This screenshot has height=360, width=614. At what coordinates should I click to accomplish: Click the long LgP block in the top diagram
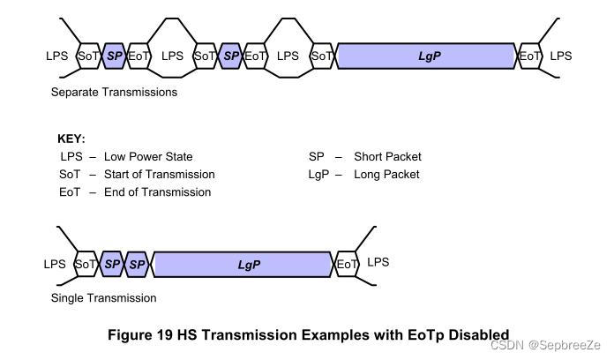click(427, 56)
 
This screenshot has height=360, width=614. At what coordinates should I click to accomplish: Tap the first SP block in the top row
click(115, 56)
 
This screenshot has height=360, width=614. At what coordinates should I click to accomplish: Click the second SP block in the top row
click(230, 56)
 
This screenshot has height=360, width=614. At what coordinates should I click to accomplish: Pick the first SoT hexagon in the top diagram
click(89, 56)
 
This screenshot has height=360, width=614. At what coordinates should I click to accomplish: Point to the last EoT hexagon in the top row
click(530, 56)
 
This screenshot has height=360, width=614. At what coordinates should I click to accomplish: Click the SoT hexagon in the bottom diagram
click(86, 264)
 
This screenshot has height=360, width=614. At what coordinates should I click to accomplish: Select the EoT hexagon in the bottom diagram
click(348, 264)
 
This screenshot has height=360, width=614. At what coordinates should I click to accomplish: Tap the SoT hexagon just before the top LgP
click(322, 56)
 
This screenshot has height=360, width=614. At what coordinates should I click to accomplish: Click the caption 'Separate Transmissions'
click(114, 92)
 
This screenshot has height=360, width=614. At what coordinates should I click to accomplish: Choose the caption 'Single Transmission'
click(103, 298)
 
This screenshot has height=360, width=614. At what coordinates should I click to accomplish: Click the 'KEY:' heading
click(71, 139)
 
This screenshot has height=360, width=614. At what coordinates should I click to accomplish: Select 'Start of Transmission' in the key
click(159, 174)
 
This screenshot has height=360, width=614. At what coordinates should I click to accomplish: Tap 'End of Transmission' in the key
click(157, 191)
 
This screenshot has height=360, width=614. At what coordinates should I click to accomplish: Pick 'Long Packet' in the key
click(386, 174)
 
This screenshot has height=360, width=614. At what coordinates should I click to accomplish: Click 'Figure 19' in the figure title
click(140, 335)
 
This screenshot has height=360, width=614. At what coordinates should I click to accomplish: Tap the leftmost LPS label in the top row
click(57, 56)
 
